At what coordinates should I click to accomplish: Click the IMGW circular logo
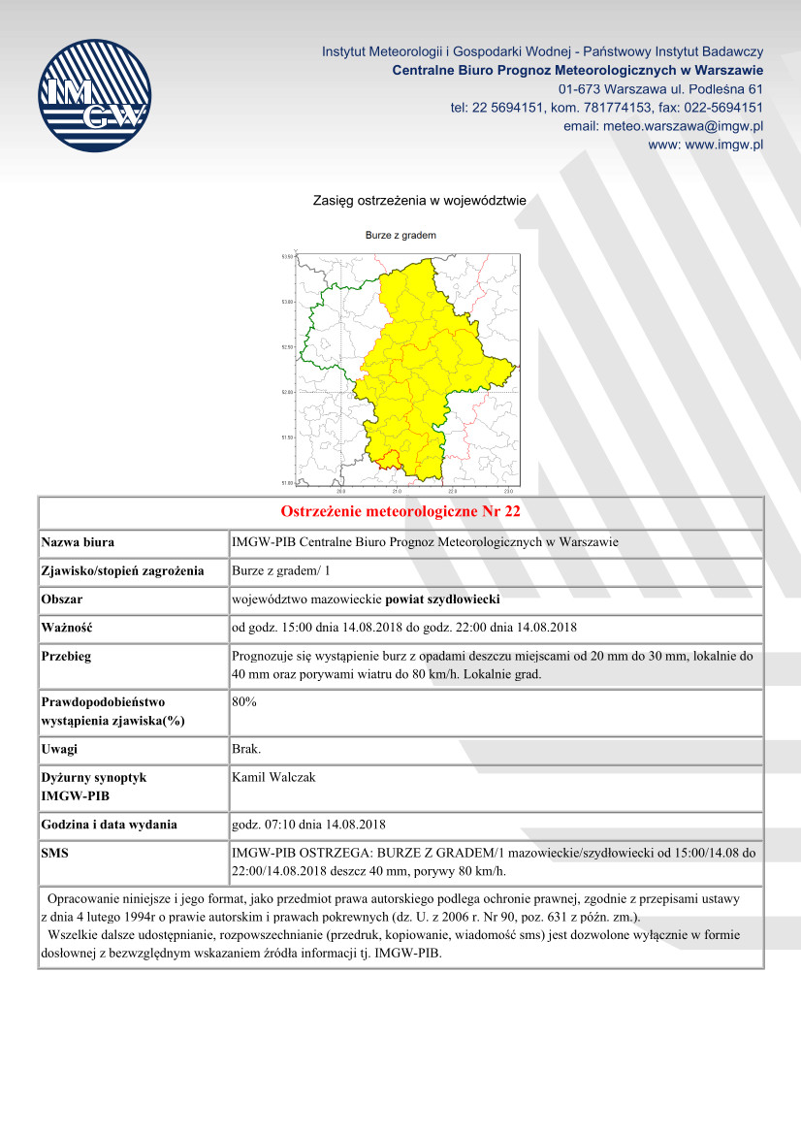tap(94, 95)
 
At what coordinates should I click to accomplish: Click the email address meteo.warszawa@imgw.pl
tap(663, 126)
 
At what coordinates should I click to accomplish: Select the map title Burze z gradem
tap(400, 236)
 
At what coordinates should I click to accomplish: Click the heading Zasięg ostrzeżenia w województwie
tap(419, 201)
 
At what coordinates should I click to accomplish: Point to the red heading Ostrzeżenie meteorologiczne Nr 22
tap(400, 511)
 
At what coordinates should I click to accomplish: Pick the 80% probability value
tap(244, 701)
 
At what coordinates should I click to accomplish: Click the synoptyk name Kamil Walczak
tap(272, 777)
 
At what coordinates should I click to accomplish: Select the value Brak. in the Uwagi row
tap(246, 749)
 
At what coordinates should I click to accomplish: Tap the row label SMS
tap(56, 853)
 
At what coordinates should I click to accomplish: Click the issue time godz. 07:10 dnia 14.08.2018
tap(309, 825)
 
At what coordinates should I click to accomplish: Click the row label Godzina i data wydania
tap(110, 825)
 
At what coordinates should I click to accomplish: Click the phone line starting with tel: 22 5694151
tap(606, 108)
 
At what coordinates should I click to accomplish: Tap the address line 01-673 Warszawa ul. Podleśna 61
tap(660, 89)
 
